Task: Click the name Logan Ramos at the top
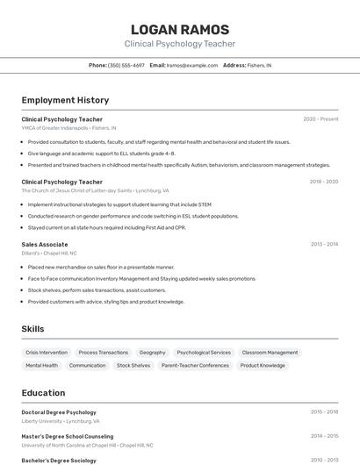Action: click(x=179, y=29)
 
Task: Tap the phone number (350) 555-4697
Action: click(x=126, y=65)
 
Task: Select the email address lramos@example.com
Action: click(x=191, y=65)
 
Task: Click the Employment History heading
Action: click(x=65, y=100)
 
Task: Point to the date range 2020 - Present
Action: click(x=320, y=119)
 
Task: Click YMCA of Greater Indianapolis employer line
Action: click(x=68, y=128)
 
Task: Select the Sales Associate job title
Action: click(x=45, y=245)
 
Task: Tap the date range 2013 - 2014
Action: click(x=324, y=245)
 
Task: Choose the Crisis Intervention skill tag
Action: click(x=47, y=353)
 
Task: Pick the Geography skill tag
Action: click(x=152, y=353)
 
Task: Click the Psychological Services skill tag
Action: click(x=204, y=353)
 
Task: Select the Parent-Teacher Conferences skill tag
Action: click(x=195, y=366)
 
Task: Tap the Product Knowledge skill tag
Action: click(x=263, y=366)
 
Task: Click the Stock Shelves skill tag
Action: click(x=133, y=366)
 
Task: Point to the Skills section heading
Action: click(x=33, y=329)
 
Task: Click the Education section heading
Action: click(x=43, y=393)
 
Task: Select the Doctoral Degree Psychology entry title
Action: click(x=59, y=412)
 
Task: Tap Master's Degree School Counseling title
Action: click(x=68, y=436)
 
